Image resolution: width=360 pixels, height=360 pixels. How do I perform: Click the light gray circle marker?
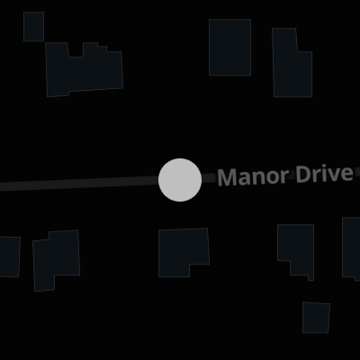(x=180, y=180)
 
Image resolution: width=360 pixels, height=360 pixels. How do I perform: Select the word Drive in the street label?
(x=324, y=174)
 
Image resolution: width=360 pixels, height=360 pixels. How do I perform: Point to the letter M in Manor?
(x=227, y=177)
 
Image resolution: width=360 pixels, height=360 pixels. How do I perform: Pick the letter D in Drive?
(x=302, y=174)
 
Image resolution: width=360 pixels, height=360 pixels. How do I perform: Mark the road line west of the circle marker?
(x=79, y=183)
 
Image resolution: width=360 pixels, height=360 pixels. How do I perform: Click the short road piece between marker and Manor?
(x=209, y=178)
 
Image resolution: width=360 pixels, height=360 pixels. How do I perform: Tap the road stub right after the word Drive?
(x=356, y=172)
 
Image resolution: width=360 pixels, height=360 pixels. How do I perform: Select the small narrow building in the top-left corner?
(x=33, y=26)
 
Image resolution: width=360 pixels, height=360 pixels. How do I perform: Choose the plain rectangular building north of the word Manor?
(x=229, y=47)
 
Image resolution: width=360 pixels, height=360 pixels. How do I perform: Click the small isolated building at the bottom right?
(x=316, y=318)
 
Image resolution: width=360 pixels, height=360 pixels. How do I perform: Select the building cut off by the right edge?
(x=351, y=247)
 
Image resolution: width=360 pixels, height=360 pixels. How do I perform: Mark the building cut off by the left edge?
(x=10, y=256)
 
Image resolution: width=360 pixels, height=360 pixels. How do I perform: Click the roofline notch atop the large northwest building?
(x=76, y=49)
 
